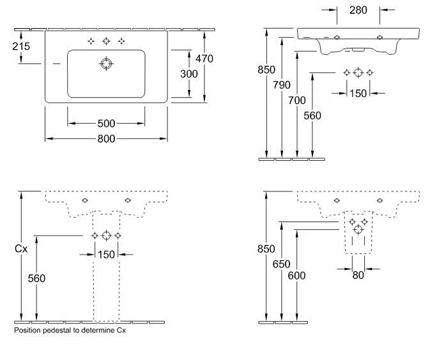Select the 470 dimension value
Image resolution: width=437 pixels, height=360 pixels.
click(x=204, y=59)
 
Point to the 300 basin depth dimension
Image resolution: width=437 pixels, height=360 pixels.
click(x=188, y=73)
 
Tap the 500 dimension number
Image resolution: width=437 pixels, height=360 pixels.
click(x=106, y=123)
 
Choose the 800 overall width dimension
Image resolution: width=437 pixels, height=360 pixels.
click(x=106, y=138)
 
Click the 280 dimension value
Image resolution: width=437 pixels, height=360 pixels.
click(x=358, y=10)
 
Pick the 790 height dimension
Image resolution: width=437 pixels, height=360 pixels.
click(x=282, y=85)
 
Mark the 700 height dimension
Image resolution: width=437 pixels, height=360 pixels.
click(x=297, y=100)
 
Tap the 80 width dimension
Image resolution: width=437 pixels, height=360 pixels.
click(x=358, y=275)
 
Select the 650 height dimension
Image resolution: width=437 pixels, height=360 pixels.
click(x=282, y=264)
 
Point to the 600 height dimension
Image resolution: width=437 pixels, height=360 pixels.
click(x=297, y=276)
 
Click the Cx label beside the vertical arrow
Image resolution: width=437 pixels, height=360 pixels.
click(x=21, y=249)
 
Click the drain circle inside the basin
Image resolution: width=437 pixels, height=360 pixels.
click(x=106, y=64)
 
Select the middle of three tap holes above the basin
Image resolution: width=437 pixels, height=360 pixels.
click(x=106, y=41)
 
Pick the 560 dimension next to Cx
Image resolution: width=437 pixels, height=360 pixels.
click(x=36, y=278)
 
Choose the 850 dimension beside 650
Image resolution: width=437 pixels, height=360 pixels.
click(x=266, y=249)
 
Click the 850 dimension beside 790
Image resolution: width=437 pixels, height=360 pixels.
click(x=266, y=70)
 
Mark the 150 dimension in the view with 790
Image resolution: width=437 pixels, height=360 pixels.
click(x=358, y=93)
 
